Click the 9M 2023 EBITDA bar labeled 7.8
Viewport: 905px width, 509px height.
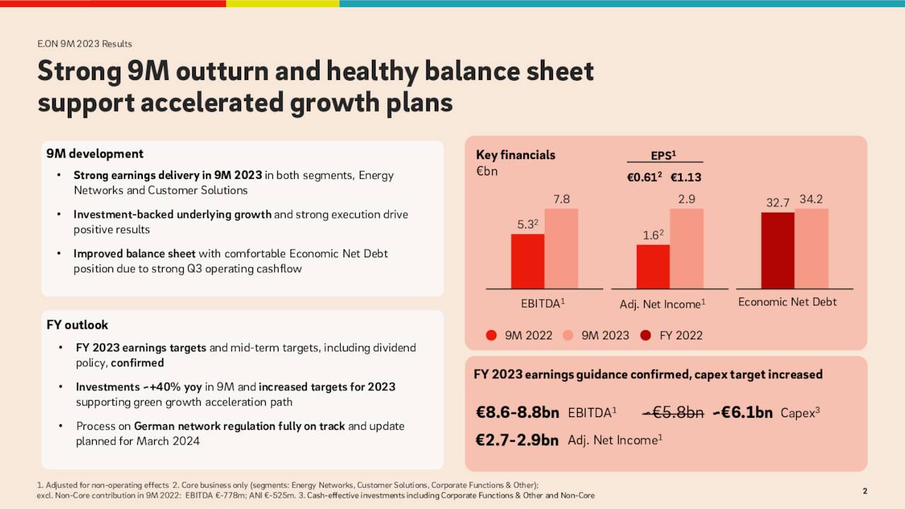(x=561, y=249)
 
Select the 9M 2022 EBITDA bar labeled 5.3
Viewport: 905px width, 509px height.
(x=527, y=262)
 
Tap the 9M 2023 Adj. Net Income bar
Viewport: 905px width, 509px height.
(x=687, y=249)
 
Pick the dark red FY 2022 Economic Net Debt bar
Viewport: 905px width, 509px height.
(x=777, y=250)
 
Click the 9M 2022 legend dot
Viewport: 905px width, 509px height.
(x=491, y=335)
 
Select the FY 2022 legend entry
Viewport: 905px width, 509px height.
(x=672, y=335)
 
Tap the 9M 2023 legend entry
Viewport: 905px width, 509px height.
(x=597, y=335)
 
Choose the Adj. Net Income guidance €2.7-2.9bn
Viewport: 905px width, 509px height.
(x=517, y=440)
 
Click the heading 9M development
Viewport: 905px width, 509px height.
(x=95, y=154)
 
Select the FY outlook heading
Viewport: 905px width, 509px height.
(x=77, y=325)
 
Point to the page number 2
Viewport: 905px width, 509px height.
(x=865, y=491)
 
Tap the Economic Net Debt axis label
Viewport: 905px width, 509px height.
(x=787, y=303)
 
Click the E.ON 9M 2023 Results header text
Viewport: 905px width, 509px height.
(x=85, y=44)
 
